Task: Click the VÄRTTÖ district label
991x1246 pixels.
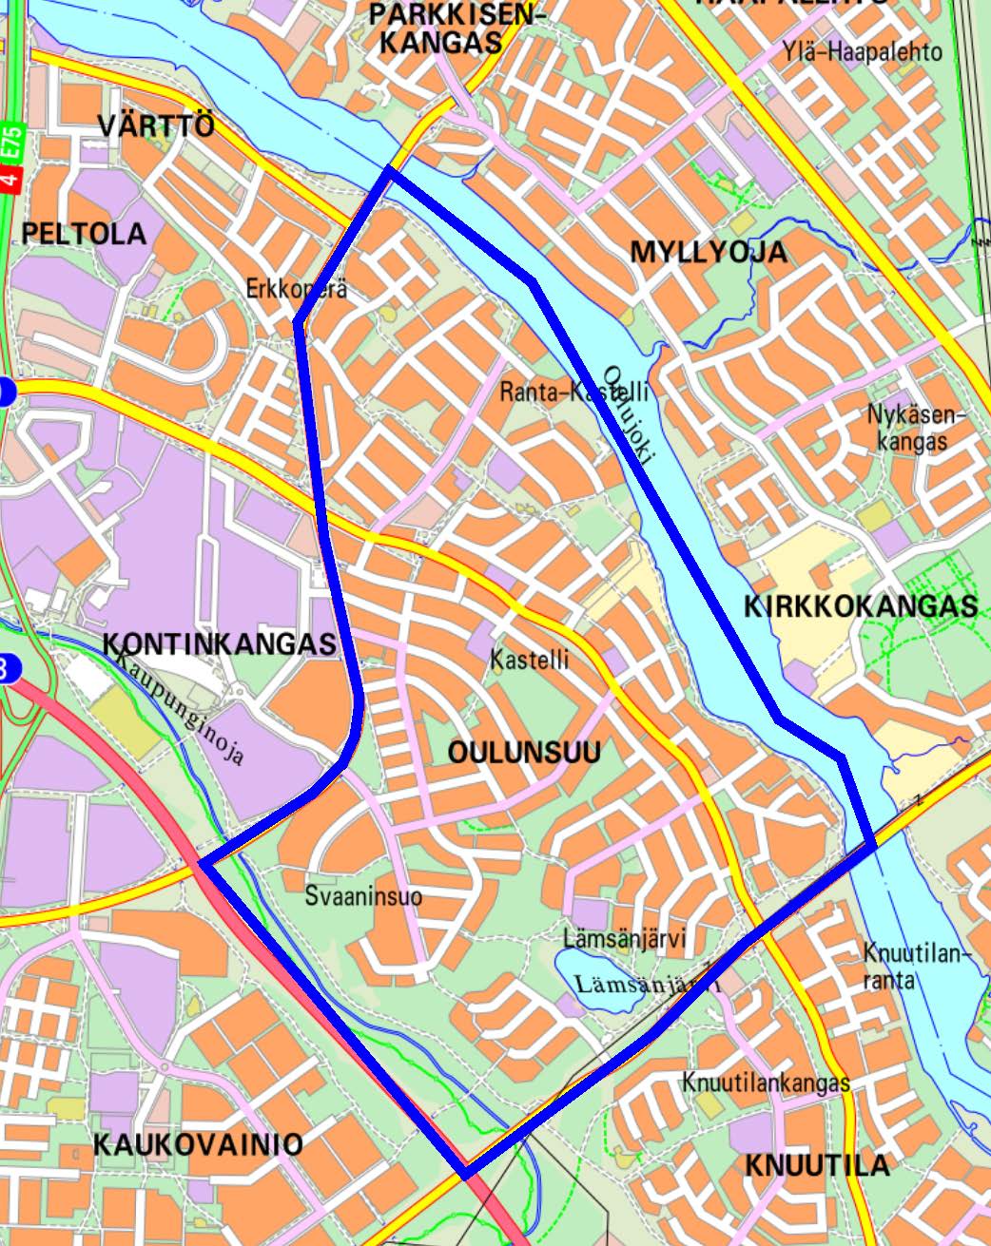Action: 156,125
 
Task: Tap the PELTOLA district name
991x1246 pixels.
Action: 85,234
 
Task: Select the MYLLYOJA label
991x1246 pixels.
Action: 709,252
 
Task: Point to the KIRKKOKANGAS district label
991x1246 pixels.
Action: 860,606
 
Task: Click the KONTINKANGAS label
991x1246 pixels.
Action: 219,643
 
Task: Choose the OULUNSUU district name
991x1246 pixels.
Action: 524,753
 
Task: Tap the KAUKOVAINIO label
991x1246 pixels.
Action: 198,1144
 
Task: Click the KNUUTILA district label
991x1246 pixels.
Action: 817,1165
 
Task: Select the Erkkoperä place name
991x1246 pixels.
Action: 296,289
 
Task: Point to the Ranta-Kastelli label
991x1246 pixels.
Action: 574,392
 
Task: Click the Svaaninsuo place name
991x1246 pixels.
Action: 363,896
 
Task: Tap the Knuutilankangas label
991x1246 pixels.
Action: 766,1083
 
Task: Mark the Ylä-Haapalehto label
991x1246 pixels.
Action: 863,51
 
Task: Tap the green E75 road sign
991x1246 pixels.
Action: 10,143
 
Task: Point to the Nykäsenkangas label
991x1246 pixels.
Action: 915,428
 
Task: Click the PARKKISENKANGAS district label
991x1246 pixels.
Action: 446,28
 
